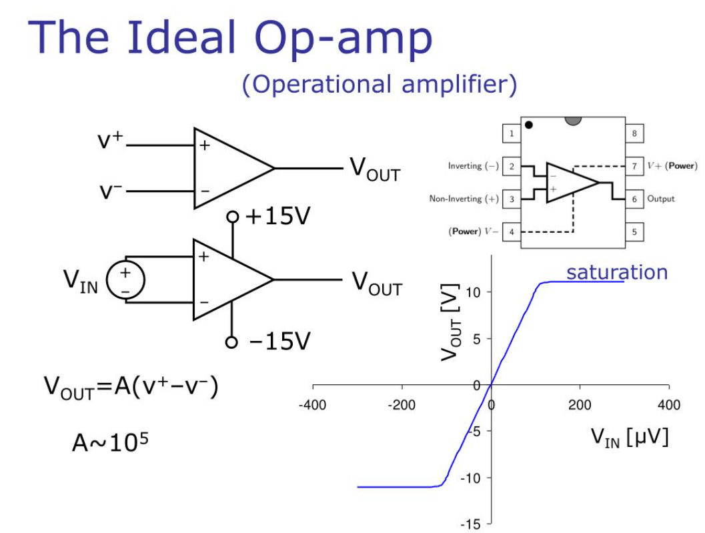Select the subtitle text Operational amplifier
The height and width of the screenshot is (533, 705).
click(380, 85)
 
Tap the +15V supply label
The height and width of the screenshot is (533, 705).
click(278, 217)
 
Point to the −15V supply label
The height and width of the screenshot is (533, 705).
click(278, 342)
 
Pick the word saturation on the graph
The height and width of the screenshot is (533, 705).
click(617, 272)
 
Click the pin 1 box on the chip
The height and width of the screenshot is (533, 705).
click(511, 133)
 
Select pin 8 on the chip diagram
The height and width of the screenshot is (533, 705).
click(634, 133)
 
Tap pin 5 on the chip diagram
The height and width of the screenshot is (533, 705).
click(634, 232)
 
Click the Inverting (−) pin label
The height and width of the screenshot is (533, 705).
click(473, 166)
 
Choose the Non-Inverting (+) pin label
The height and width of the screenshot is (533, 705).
click(464, 199)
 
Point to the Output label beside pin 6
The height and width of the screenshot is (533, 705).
click(660, 199)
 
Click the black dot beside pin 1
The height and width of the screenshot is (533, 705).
click(529, 125)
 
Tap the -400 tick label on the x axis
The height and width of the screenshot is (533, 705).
click(312, 405)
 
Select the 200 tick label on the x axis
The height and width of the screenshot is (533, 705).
click(580, 405)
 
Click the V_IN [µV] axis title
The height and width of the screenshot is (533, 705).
click(629, 438)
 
